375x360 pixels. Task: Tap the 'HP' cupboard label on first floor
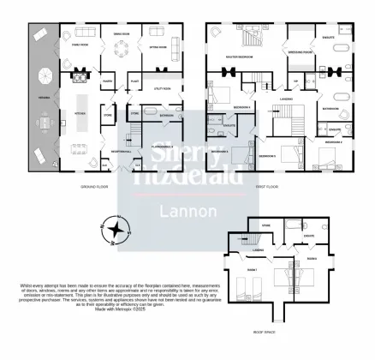(296, 81)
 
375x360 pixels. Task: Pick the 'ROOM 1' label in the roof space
(252, 269)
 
